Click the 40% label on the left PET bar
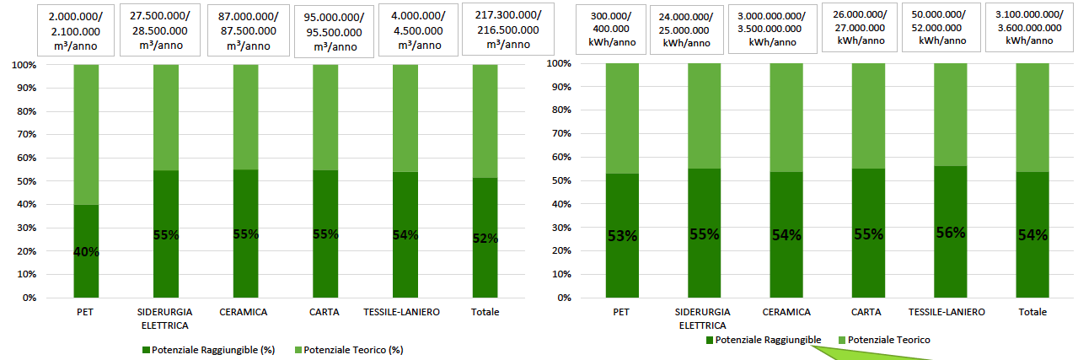(86, 251)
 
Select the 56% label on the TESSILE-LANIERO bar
(951, 233)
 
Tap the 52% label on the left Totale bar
(485, 239)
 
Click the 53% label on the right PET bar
(621, 236)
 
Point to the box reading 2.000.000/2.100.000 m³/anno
(76, 30)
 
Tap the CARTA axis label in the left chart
(324, 312)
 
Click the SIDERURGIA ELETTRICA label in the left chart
(164, 318)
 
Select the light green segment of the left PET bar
(86, 135)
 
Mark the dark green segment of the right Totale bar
(1032, 253)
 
